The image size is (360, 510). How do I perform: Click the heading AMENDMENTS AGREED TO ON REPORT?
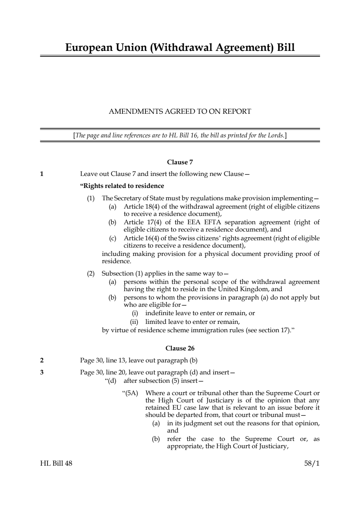[x=180, y=112]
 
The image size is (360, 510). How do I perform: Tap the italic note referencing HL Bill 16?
[x=180, y=136]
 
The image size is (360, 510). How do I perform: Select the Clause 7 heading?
[x=180, y=162]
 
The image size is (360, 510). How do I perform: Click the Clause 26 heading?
[x=180, y=348]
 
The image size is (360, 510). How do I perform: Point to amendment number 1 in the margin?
[x=42, y=174]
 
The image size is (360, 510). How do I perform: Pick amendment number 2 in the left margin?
[x=42, y=361]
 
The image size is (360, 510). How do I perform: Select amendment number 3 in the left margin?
[x=42, y=372]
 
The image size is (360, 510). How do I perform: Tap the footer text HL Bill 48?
[x=56, y=463]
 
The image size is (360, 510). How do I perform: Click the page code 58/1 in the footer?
[x=312, y=463]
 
